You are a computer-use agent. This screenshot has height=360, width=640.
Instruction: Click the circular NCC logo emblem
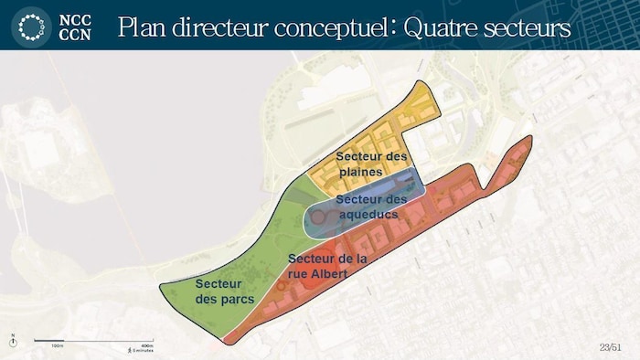tap(31, 26)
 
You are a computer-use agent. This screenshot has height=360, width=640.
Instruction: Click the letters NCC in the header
tap(75, 18)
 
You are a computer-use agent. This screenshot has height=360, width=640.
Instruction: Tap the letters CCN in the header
tap(75, 35)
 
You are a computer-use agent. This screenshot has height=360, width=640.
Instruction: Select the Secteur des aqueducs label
tap(370, 206)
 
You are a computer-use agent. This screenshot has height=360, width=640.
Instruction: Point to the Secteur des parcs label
tap(219, 291)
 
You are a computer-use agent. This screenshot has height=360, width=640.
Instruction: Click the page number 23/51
tap(611, 346)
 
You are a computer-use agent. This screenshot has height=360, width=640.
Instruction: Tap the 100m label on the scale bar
tap(56, 346)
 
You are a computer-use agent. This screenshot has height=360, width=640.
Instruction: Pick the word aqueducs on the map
tap(370, 214)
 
